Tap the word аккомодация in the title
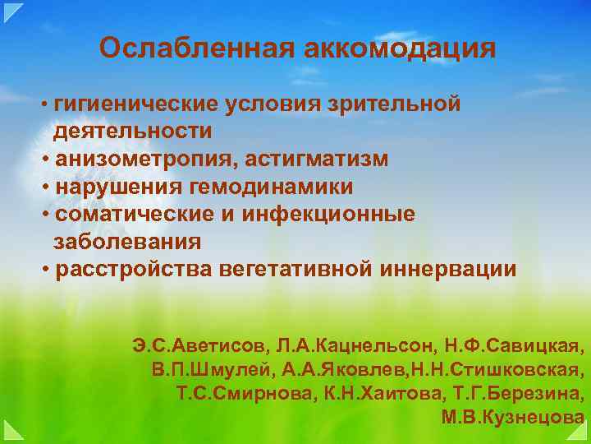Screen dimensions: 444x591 400,49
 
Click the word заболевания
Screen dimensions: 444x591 127,242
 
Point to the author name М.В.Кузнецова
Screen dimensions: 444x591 513,417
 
